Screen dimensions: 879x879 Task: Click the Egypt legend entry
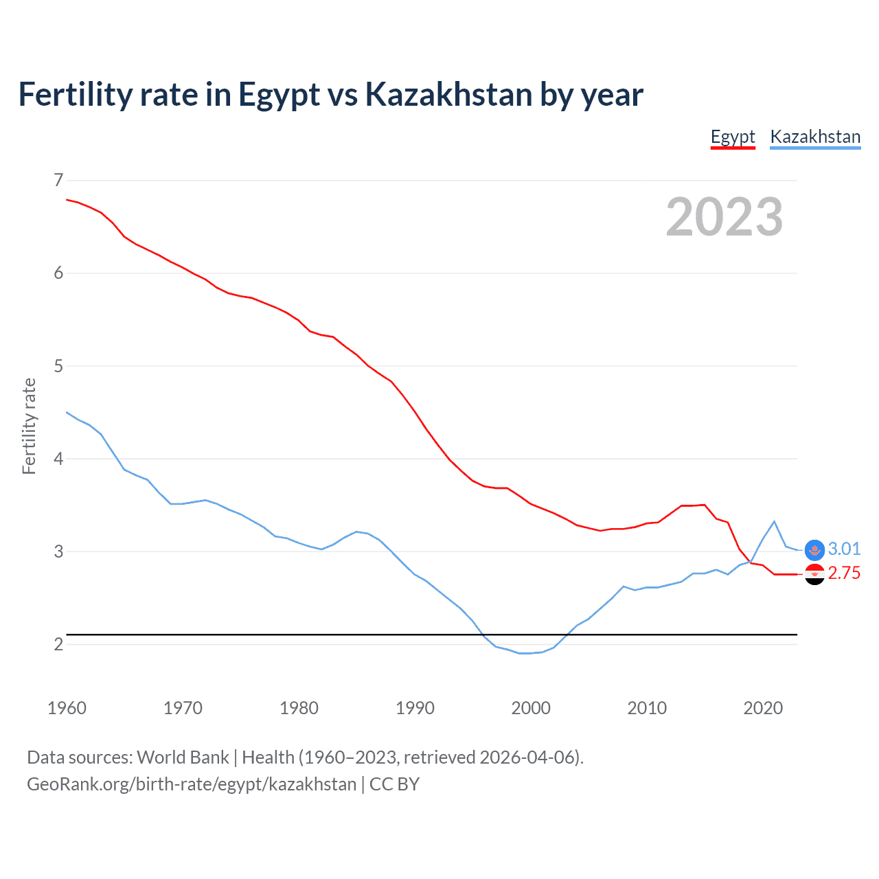click(733, 137)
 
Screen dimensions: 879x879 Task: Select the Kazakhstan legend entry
click(815, 137)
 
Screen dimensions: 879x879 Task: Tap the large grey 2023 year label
click(724, 217)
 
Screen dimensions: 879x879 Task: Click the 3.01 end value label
click(844, 549)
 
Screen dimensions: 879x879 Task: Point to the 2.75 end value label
click(844, 573)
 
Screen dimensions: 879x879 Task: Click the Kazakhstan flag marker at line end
click(814, 549)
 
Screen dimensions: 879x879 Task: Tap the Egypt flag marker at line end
click(814, 574)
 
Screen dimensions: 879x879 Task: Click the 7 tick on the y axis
click(58, 180)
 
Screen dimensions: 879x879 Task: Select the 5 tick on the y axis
click(58, 366)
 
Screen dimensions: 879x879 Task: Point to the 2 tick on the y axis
click(58, 644)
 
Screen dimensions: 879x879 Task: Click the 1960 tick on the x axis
click(67, 708)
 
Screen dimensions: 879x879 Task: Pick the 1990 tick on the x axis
click(415, 708)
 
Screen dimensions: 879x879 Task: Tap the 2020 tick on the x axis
click(763, 708)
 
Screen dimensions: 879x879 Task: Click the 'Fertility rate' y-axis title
click(29, 426)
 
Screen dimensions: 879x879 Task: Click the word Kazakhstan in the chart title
click(448, 94)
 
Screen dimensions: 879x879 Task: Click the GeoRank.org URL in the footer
click(192, 784)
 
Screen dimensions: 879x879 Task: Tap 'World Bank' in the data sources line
click(183, 757)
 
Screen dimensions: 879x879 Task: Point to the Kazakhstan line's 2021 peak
click(774, 521)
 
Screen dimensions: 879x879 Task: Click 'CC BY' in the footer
click(394, 784)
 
